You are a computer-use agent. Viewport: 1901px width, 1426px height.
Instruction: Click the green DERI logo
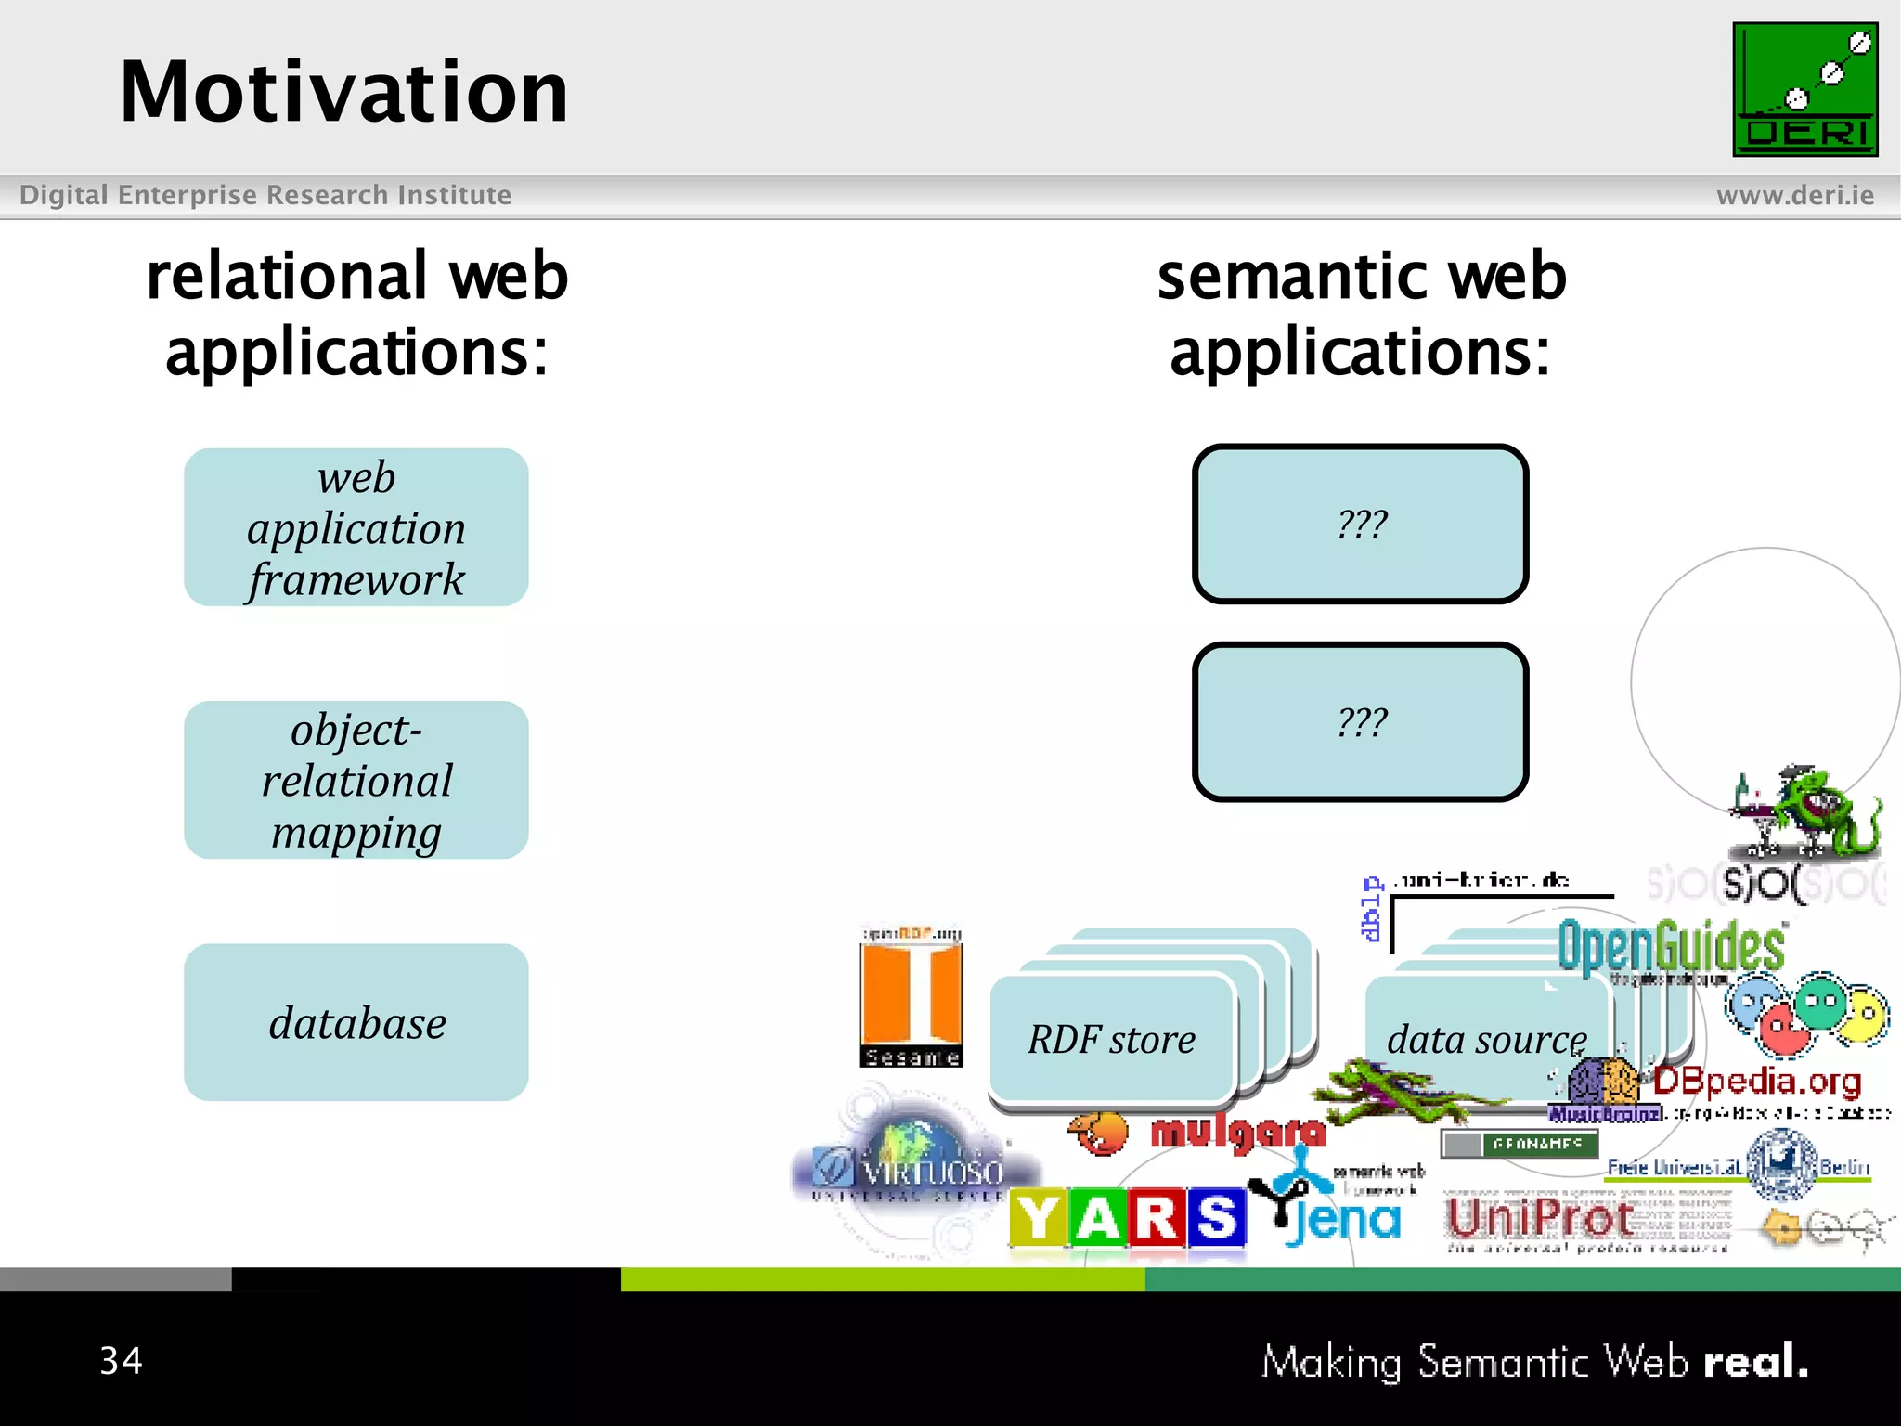(1804, 89)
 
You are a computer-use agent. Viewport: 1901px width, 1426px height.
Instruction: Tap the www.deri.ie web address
(1794, 195)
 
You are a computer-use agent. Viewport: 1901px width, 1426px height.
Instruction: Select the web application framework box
(356, 527)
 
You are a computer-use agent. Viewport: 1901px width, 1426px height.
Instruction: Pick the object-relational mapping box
(356, 780)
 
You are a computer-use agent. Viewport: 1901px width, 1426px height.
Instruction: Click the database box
(356, 1022)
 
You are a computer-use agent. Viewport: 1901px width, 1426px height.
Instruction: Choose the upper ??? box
(1360, 525)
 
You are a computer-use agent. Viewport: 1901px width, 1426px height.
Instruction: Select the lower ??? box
(1360, 722)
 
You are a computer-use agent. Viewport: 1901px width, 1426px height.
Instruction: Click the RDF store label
(1111, 1039)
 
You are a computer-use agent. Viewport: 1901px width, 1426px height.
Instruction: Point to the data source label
(1485, 1039)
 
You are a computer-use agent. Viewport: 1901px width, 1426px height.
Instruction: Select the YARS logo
(1127, 1218)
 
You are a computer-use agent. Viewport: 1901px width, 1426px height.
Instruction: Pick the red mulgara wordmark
(1237, 1132)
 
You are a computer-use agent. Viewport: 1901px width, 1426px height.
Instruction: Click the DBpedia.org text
(1756, 1082)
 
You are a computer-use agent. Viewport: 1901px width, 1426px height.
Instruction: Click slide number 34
(121, 1361)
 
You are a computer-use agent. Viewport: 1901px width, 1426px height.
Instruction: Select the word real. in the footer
(1755, 1361)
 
